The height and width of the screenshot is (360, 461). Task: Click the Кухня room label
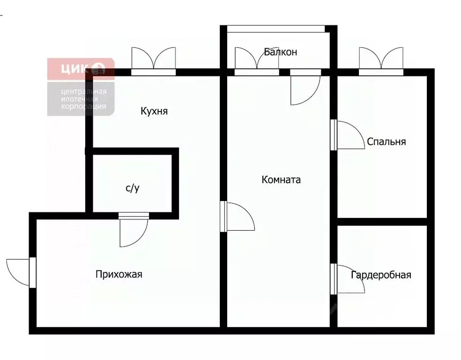[154, 112]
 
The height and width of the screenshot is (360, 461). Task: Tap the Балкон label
[280, 52]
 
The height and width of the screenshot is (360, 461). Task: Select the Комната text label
[281, 180]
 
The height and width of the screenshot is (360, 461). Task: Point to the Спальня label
[387, 142]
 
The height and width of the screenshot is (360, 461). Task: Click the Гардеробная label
[381, 275]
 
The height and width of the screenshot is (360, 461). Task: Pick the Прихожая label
[119, 274]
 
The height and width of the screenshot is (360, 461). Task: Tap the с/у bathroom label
[133, 188]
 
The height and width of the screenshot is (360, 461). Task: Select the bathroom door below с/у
[133, 231]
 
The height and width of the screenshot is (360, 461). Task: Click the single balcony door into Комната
[305, 89]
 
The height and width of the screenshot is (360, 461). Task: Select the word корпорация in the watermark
[83, 106]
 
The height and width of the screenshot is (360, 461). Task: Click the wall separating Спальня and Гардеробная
[382, 221]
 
